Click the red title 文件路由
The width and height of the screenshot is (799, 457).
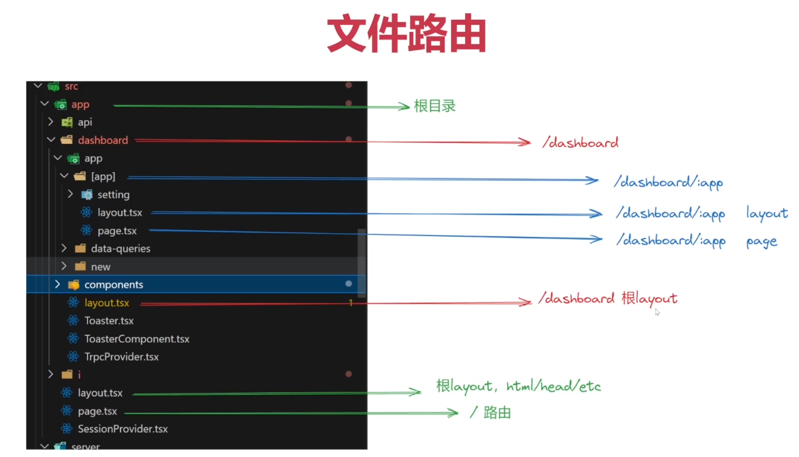pos(407,33)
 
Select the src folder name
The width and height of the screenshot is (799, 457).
pos(71,86)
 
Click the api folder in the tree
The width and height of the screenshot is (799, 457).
pos(85,122)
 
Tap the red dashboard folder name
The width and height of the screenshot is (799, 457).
pos(103,140)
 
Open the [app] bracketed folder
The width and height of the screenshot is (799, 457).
pos(103,177)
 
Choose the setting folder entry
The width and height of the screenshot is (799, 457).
pos(113,194)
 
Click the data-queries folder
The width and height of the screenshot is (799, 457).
pos(120,249)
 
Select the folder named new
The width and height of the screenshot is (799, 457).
pos(100,267)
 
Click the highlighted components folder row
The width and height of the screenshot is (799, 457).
pos(196,284)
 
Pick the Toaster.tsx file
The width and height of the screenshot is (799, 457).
pos(109,321)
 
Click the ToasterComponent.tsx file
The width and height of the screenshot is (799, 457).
pos(137,339)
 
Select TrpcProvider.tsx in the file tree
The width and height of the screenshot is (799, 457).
pos(122,357)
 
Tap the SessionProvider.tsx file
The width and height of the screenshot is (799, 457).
pos(123,429)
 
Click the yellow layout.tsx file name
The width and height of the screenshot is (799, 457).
pos(107,303)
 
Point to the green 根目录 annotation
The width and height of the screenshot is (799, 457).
pos(435,106)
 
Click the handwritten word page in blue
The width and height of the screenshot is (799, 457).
pos(762,242)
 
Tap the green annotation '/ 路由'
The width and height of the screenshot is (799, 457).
pos(490,412)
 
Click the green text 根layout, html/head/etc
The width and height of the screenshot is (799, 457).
pos(519,386)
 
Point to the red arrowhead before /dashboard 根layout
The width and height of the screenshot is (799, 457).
pos(526,302)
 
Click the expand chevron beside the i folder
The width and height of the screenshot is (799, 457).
pos(50,374)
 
